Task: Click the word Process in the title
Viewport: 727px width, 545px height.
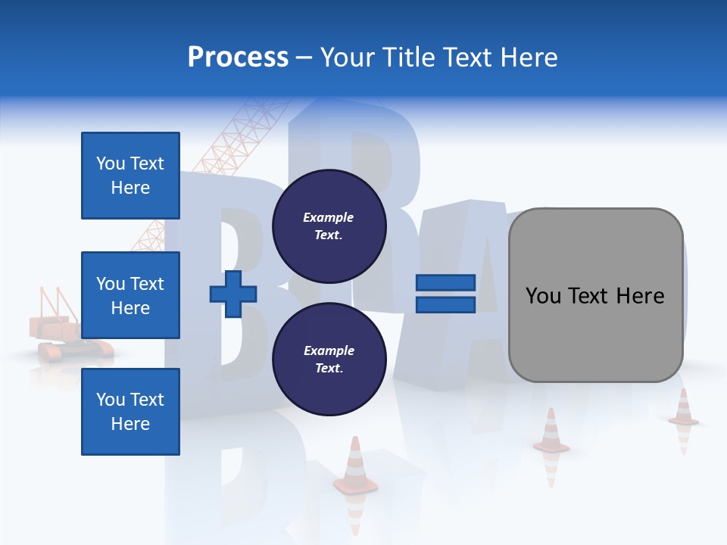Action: coord(238,58)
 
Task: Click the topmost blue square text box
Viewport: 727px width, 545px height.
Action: coord(130,176)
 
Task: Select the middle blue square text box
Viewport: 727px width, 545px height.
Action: coord(130,295)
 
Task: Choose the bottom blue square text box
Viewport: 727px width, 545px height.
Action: coord(130,411)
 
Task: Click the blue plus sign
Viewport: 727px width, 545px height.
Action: coord(233,294)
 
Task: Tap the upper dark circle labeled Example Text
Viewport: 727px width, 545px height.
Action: coord(329,226)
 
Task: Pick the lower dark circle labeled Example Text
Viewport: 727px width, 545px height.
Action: coord(329,359)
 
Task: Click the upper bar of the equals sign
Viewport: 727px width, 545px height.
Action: coord(446,283)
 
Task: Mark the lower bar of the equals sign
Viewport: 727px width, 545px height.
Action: coord(446,304)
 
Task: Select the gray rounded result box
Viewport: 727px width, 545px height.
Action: coord(595,294)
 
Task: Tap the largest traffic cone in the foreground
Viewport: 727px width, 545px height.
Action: coord(355,466)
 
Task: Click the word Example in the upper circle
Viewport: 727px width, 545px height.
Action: coord(329,217)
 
